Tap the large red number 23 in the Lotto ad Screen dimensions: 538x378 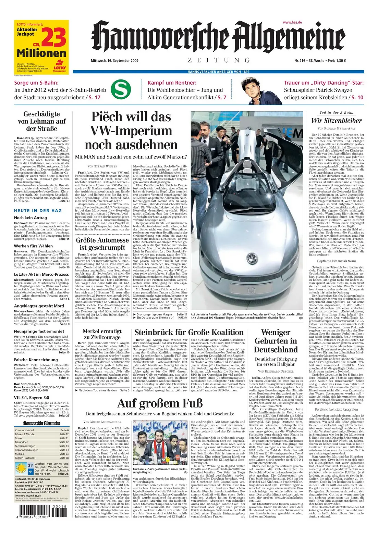(54, 38)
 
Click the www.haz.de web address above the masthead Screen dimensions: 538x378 (292, 22)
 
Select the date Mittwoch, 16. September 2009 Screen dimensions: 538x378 (110, 61)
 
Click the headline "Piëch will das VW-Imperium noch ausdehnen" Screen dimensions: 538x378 (131, 131)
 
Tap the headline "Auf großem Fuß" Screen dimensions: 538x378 (160, 403)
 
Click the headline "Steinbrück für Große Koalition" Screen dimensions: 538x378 (189, 332)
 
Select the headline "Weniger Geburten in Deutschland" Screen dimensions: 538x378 (276, 341)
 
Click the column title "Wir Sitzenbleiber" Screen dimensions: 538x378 (331, 121)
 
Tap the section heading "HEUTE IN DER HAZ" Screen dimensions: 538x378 (38, 211)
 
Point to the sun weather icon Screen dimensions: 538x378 (21, 467)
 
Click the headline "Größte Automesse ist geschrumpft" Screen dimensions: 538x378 (100, 243)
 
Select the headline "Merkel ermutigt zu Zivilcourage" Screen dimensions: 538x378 (102, 334)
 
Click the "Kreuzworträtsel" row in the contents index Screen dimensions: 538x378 (41, 430)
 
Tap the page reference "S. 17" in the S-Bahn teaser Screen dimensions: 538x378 (95, 98)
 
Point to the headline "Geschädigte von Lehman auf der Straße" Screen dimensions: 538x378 (42, 121)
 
